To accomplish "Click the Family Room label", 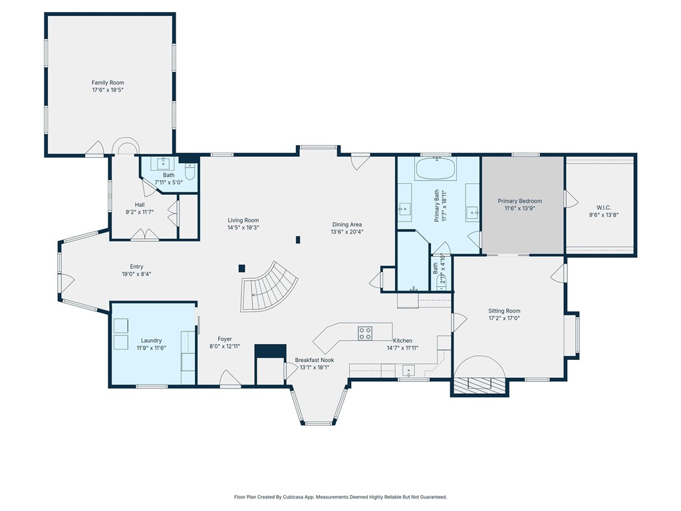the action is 108,83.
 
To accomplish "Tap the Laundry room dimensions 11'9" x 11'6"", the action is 151,347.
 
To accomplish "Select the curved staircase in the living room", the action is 269,286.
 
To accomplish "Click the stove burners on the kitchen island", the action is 365,333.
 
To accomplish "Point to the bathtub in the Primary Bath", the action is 436,168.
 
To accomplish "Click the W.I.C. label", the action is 604,208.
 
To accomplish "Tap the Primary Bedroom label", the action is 519,201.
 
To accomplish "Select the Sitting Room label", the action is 504,311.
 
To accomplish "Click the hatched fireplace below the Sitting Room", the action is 479,384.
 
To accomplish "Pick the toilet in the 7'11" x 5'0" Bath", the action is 190,170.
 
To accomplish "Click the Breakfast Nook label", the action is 315,360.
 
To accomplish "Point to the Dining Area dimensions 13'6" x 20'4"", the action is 347,232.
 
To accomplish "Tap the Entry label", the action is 136,267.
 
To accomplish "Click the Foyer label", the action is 225,339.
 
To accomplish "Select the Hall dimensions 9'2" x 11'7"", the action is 140,212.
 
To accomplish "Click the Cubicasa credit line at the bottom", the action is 340,496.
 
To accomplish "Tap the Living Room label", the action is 243,220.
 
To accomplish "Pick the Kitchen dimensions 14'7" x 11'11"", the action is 402,347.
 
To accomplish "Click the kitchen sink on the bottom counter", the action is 408,371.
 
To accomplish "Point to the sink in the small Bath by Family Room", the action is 164,163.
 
